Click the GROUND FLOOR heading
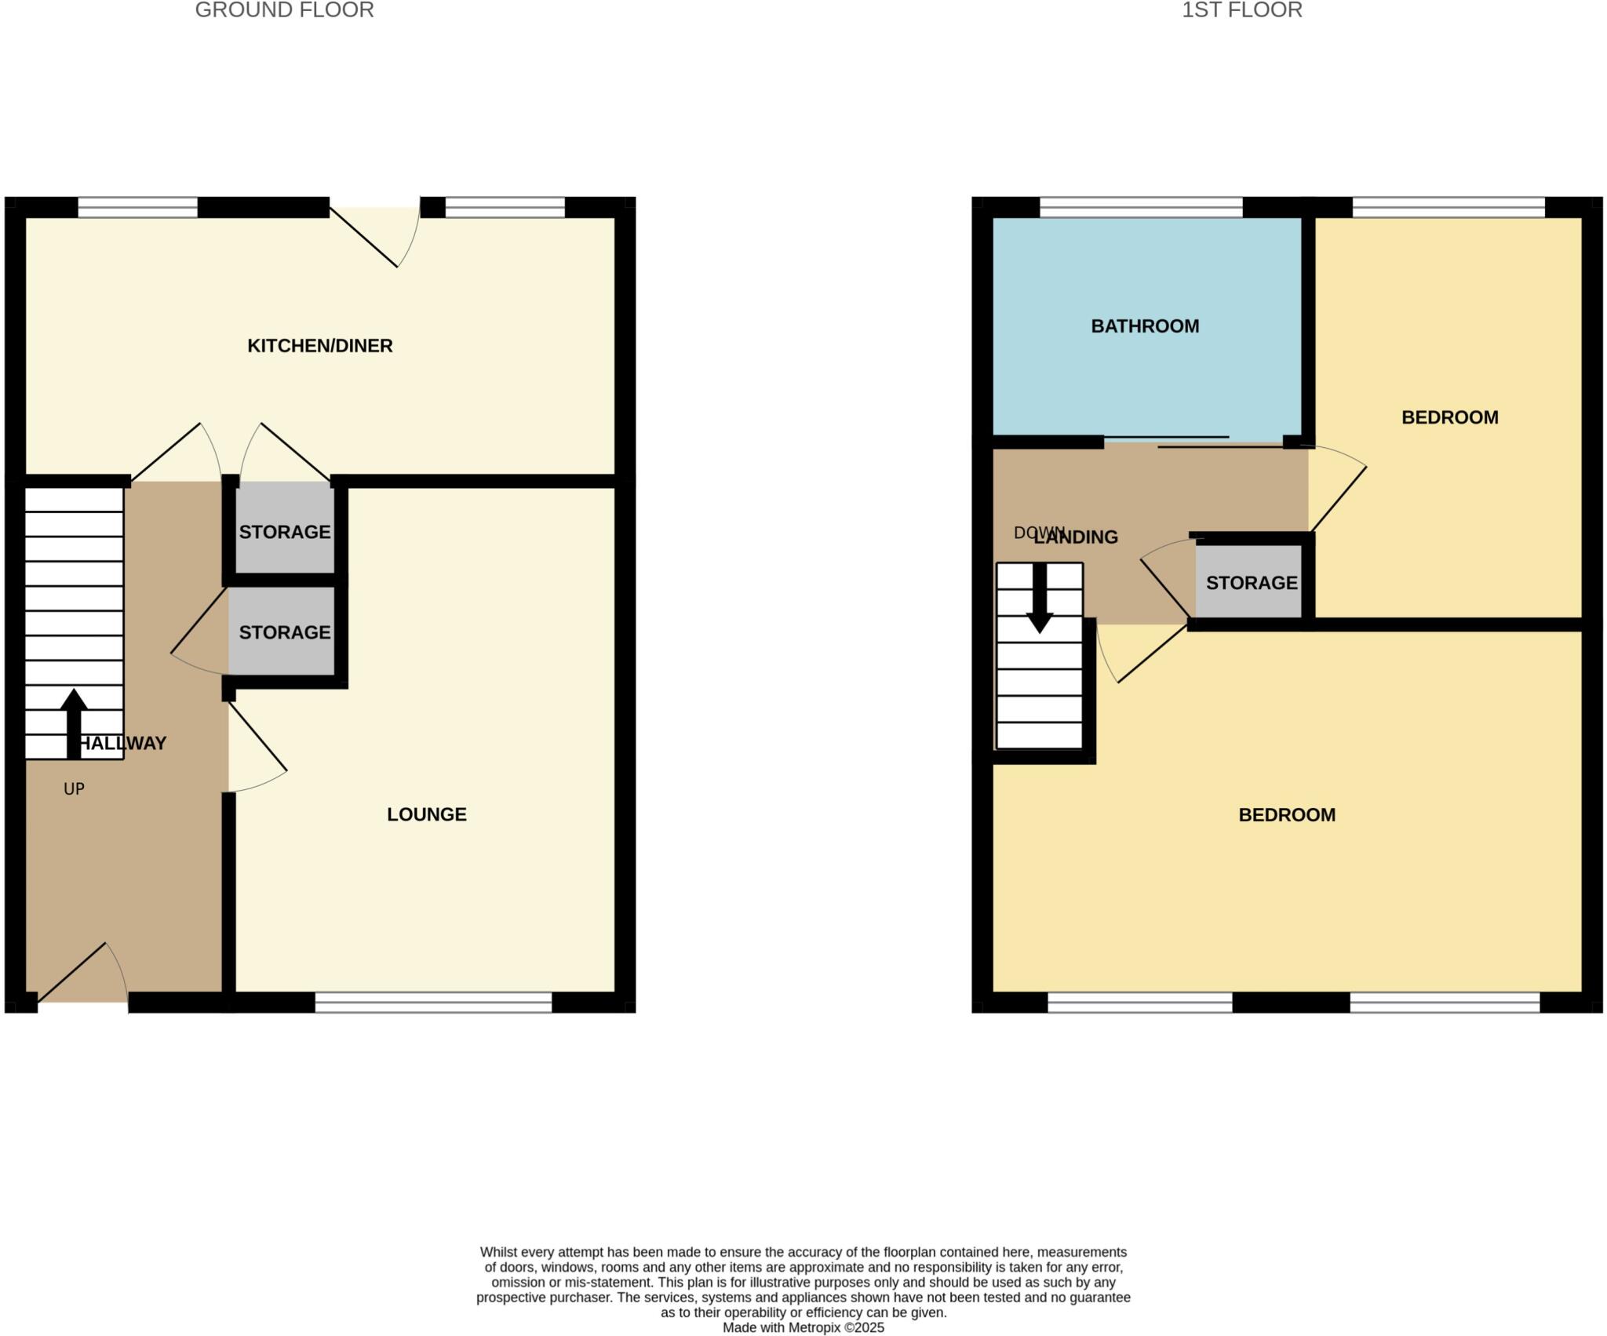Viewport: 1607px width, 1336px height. [284, 10]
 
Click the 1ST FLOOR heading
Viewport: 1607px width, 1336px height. [1241, 10]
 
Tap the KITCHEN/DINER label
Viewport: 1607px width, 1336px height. [319, 346]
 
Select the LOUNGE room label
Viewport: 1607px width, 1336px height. [426, 814]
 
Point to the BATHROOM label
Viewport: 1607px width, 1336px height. [1145, 326]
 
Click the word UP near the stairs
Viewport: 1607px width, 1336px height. [74, 789]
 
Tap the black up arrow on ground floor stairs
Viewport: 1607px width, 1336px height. [74, 722]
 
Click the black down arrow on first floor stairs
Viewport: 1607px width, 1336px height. [1040, 600]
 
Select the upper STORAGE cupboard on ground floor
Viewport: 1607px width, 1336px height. [285, 532]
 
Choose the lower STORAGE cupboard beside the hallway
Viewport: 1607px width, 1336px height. [285, 632]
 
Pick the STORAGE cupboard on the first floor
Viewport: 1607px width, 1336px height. [1251, 583]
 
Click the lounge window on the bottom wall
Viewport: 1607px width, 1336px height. [433, 1002]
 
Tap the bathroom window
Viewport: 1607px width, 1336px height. [1141, 208]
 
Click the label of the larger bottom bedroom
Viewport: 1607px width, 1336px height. [1287, 815]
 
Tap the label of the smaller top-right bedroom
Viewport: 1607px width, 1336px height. [1449, 417]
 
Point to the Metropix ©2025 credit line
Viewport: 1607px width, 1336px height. [803, 1327]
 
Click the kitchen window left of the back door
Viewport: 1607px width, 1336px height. [137, 208]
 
